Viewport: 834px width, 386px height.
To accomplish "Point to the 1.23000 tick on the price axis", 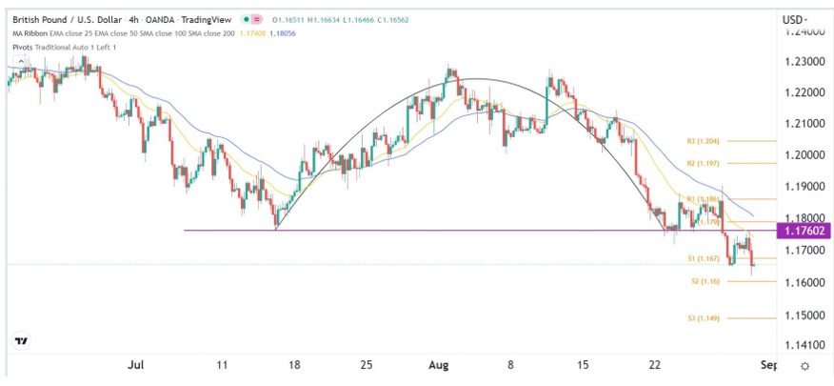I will point(804,61).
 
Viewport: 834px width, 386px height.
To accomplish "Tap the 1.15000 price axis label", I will point(804,315).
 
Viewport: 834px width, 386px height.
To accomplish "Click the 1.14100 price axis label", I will point(804,346).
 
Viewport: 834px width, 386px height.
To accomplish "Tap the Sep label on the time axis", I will point(769,365).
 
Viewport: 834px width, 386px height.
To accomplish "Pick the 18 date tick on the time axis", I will point(295,365).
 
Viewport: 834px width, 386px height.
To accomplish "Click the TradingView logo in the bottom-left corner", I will point(21,340).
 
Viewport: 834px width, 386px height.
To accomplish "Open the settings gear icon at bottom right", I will point(804,366).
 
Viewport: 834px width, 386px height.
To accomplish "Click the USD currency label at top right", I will point(794,19).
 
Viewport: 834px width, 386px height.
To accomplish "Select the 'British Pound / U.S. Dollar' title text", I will point(68,19).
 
